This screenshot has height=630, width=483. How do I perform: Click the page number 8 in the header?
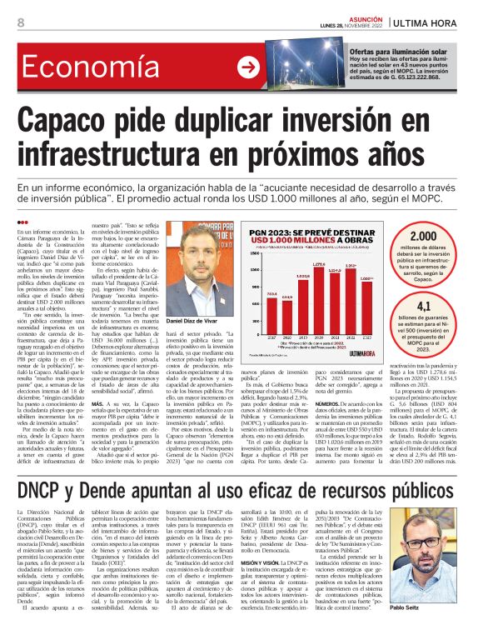[20, 22]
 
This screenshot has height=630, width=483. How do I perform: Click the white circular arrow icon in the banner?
[247, 67]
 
